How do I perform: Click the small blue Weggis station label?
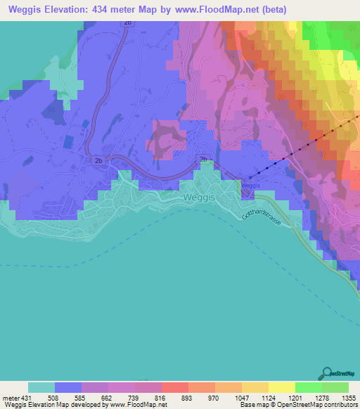tap(251, 185)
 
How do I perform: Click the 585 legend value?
tap(95, 396)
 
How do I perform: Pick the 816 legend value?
tap(176, 396)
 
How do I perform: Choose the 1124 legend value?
tap(283, 396)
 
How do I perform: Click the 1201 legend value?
tap(309, 396)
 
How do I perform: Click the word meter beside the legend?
tap(10, 396)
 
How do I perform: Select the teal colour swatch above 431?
tap(41, 387)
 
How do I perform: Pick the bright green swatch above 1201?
tap(309, 387)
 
